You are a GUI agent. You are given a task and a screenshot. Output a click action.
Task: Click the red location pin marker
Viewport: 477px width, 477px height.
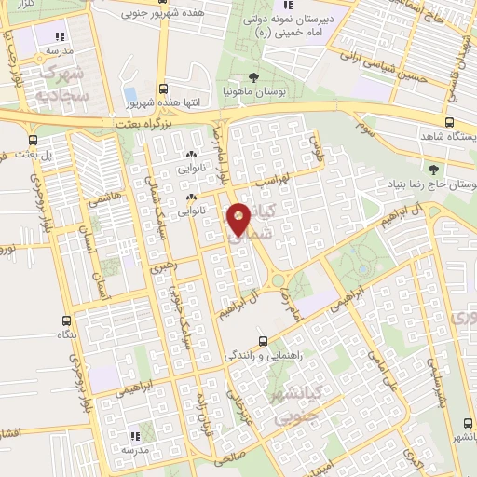238,219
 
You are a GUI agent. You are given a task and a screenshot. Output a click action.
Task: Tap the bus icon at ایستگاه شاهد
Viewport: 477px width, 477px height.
450,121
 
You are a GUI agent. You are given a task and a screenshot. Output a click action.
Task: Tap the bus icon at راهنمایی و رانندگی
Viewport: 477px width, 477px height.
264,340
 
